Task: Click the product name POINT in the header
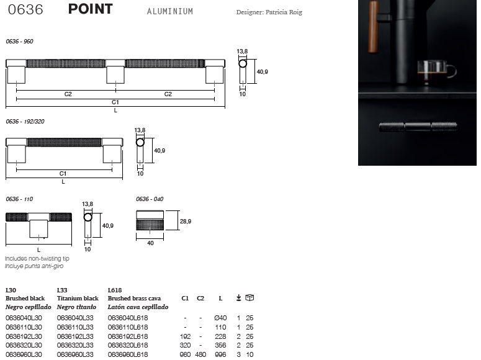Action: click(91, 9)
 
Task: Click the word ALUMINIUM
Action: click(170, 11)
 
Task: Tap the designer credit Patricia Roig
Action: click(284, 12)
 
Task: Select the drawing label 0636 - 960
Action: click(19, 42)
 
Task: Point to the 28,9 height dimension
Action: click(186, 222)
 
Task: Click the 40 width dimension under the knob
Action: click(150, 243)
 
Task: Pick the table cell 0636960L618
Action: click(128, 354)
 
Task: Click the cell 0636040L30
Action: click(24, 318)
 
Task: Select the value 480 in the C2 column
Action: click(200, 354)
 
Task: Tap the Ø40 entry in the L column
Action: click(220, 318)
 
